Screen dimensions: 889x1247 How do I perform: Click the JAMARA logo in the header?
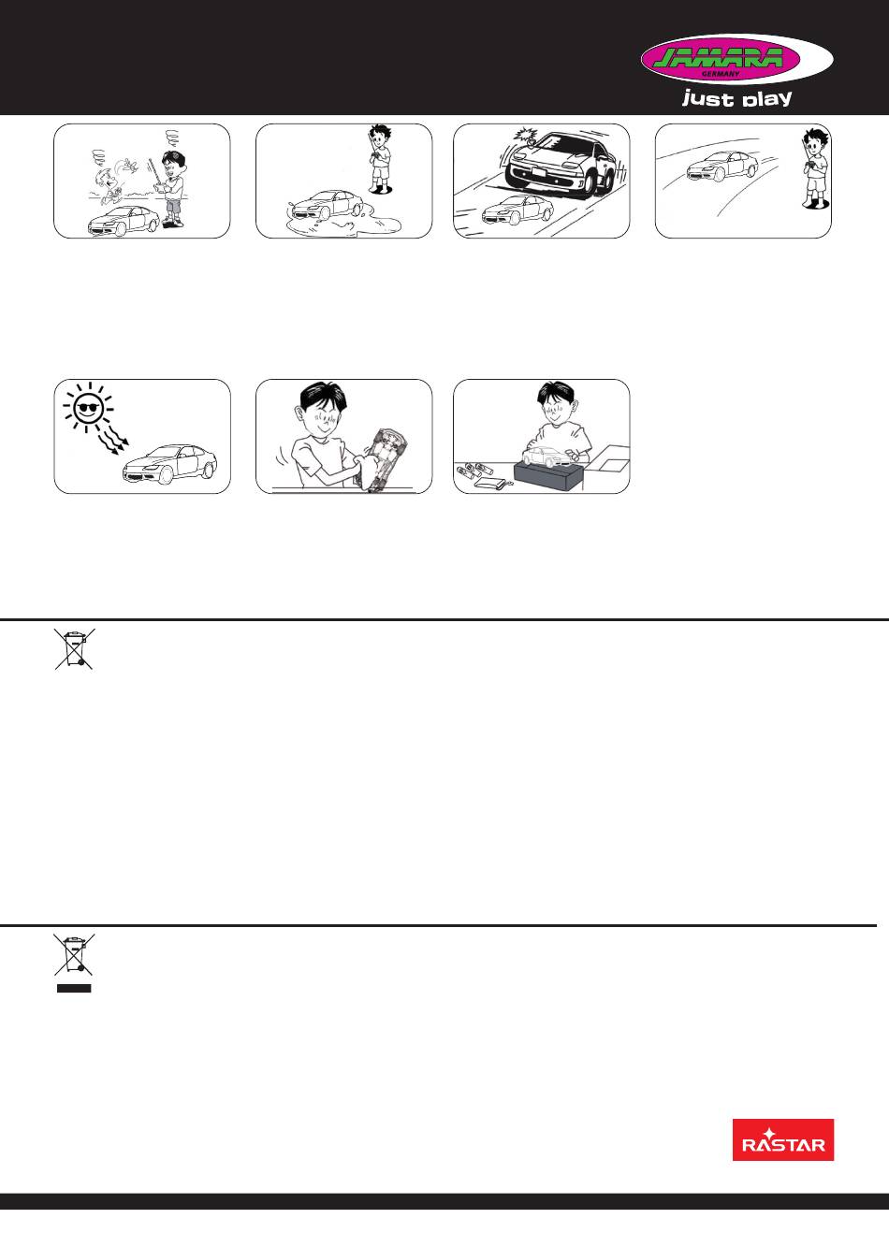click(x=736, y=58)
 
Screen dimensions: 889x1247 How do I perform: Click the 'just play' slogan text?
click(x=736, y=98)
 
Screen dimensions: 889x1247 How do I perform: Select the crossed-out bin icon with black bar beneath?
click(x=74, y=963)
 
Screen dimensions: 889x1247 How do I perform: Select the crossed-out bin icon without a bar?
click(x=75, y=648)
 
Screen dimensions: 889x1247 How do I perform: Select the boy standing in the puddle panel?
click(x=379, y=159)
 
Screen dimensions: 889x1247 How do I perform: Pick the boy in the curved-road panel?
click(x=814, y=169)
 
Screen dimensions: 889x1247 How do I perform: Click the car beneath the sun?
click(x=170, y=464)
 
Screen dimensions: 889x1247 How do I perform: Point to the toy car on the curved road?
click(x=721, y=165)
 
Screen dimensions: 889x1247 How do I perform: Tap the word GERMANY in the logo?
click(x=721, y=74)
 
